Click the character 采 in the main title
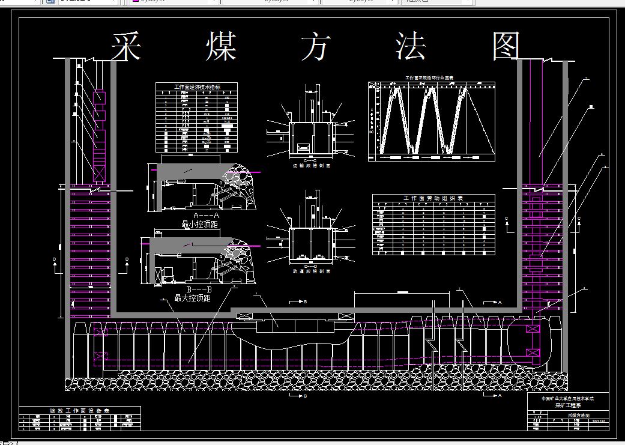[x=126, y=46]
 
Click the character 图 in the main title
[x=506, y=46]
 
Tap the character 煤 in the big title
[x=221, y=46]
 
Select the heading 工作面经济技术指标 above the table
[x=198, y=87]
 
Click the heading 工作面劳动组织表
[x=433, y=198]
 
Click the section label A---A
[x=207, y=215]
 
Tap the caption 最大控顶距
[x=192, y=298]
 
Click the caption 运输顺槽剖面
[x=310, y=165]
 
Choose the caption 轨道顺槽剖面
[x=310, y=270]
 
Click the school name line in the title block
[x=567, y=398]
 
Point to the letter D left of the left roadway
[x=54, y=259]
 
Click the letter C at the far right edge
[x=579, y=218]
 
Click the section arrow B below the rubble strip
[x=305, y=396]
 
